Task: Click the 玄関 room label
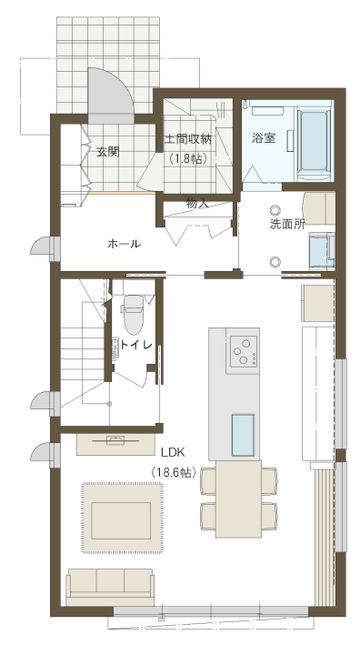point(108,152)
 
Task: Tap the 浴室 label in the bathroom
point(264,138)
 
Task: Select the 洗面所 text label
point(287,224)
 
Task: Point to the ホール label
point(124,244)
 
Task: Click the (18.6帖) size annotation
point(174,472)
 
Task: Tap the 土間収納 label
point(187,138)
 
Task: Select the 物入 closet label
point(197,205)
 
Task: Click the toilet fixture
point(134,315)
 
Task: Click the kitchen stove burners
point(243,350)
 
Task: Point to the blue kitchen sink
point(243,435)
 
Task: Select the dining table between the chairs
point(238,499)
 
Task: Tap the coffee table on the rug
point(121,520)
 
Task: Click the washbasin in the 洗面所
point(322,251)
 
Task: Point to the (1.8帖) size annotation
point(187,159)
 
